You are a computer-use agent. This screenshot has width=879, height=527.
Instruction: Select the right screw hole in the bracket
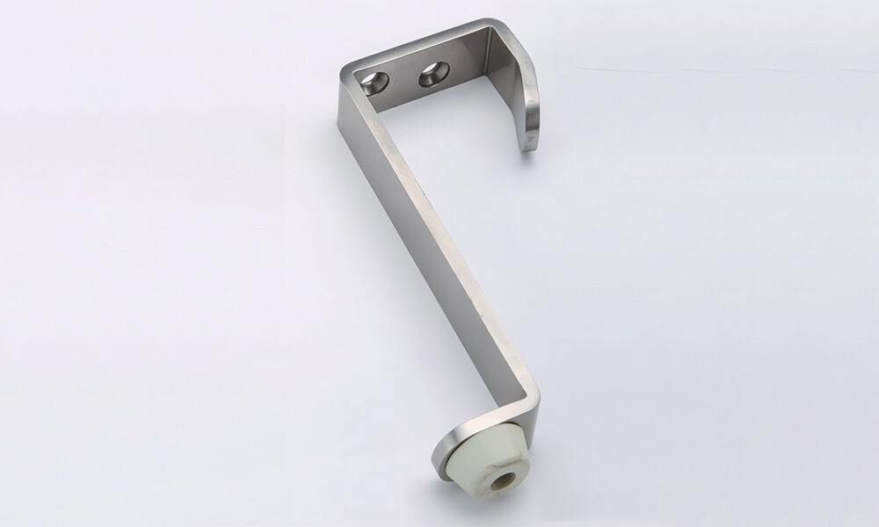[432, 75]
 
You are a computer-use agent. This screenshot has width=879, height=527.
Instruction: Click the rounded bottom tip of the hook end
[528, 145]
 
